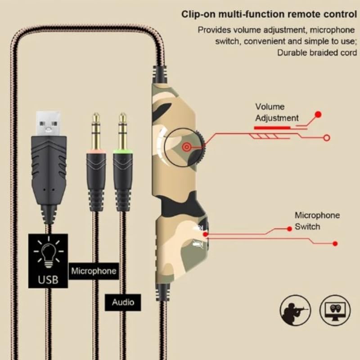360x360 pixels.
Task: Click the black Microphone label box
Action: [94, 271]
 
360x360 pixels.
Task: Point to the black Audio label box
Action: [123, 302]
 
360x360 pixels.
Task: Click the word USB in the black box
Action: [48, 279]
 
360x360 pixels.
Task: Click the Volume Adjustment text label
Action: [276, 112]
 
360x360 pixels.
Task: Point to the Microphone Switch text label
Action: [317, 220]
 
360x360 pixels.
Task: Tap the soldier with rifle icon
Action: [295, 310]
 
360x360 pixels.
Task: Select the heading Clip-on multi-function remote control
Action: [269, 14]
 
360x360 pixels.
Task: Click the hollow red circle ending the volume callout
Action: [327, 137]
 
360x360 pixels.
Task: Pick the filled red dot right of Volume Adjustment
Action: [318, 114]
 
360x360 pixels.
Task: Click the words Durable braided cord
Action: [317, 52]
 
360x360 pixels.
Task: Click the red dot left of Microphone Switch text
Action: [290, 229]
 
